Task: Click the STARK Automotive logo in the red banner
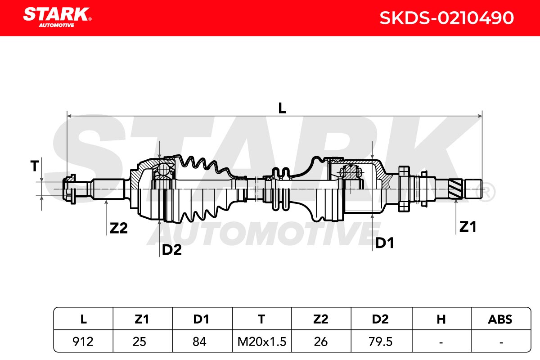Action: tap(57, 18)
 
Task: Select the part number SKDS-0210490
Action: tap(446, 18)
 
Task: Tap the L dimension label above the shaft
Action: tap(282, 108)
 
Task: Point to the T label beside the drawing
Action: tap(35, 166)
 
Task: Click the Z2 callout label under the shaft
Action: tap(119, 228)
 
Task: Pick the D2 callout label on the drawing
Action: tap(171, 250)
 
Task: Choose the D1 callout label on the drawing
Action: tap(384, 243)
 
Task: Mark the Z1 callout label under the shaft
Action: tap(468, 227)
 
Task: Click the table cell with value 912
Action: tap(83, 342)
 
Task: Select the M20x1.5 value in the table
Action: tap(262, 342)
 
